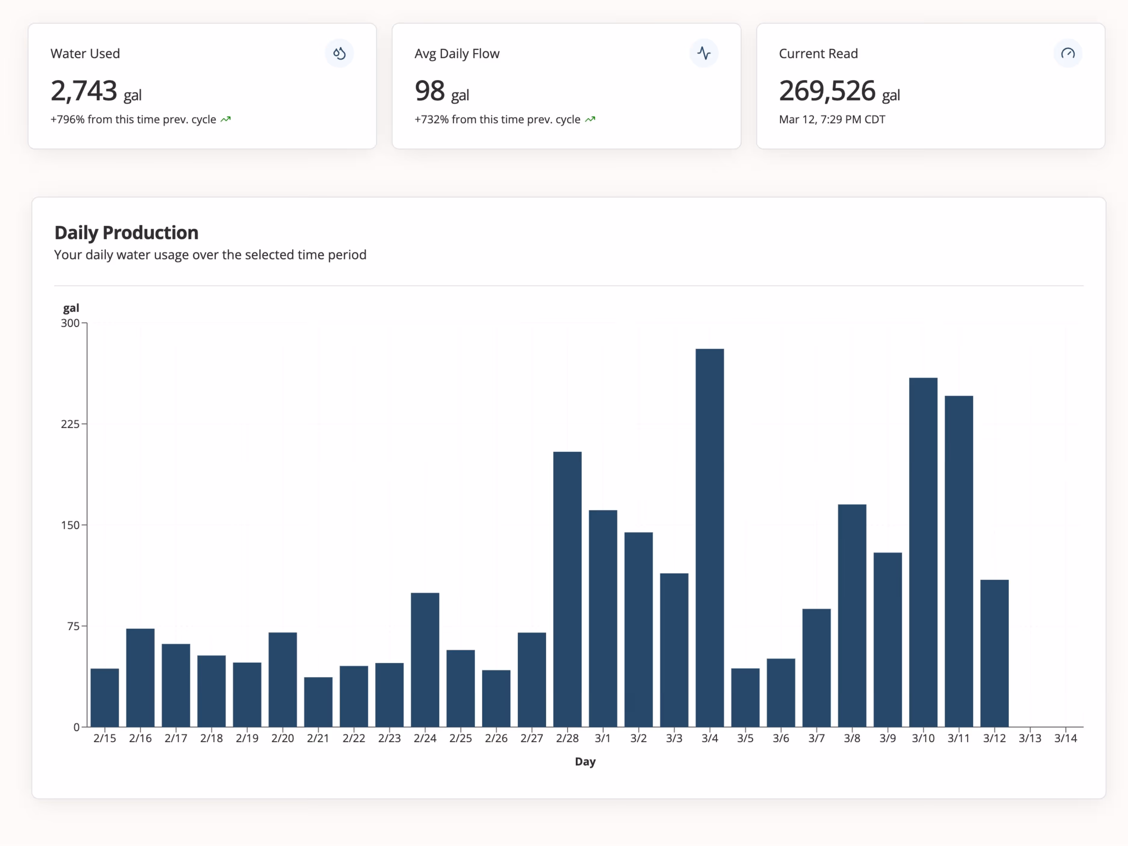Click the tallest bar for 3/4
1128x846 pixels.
(709, 538)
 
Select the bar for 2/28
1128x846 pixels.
(567, 589)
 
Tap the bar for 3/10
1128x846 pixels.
(923, 552)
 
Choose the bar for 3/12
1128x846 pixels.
(994, 653)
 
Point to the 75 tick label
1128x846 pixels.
(73, 626)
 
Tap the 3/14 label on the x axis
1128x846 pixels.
(1065, 738)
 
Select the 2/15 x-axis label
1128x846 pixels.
(105, 738)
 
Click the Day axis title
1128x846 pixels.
(585, 761)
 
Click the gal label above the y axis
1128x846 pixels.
(71, 308)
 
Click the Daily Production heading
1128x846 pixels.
(126, 232)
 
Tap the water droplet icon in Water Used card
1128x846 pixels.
(339, 53)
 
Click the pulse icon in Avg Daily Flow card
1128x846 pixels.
(704, 53)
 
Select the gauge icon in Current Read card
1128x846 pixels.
(1068, 53)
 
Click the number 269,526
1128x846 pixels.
(827, 91)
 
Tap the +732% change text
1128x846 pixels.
(497, 119)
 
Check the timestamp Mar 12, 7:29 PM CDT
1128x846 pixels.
(832, 119)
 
